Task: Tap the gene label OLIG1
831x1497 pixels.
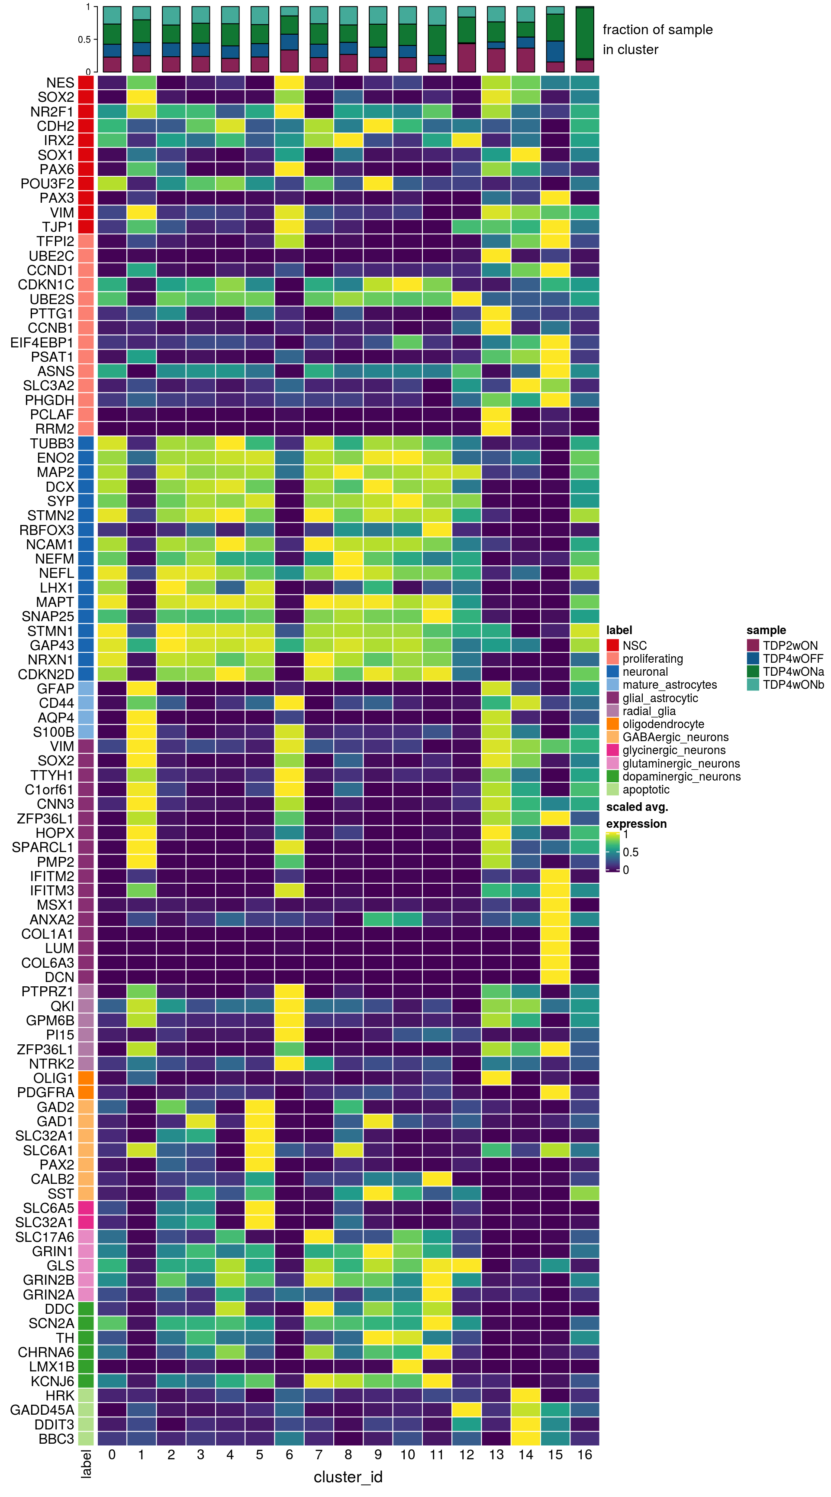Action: point(53,1078)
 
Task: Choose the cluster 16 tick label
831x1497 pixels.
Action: point(584,1455)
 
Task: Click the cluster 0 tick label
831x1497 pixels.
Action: point(112,1455)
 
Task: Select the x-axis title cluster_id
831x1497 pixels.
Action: point(348,1477)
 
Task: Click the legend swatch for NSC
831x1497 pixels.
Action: point(613,645)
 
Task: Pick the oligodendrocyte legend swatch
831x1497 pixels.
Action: point(613,724)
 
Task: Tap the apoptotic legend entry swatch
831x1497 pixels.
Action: point(613,789)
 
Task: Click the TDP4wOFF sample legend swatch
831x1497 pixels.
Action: point(753,658)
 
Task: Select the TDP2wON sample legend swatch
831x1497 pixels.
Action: point(753,645)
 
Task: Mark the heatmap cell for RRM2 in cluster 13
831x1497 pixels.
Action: point(496,429)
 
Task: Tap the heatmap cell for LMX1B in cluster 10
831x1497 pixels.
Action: point(407,1367)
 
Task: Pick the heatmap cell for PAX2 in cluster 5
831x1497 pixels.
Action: point(260,1165)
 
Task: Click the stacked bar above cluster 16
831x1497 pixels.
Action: point(584,39)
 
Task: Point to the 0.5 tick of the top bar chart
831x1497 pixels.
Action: point(84,39)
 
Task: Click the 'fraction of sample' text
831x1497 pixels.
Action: point(657,29)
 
